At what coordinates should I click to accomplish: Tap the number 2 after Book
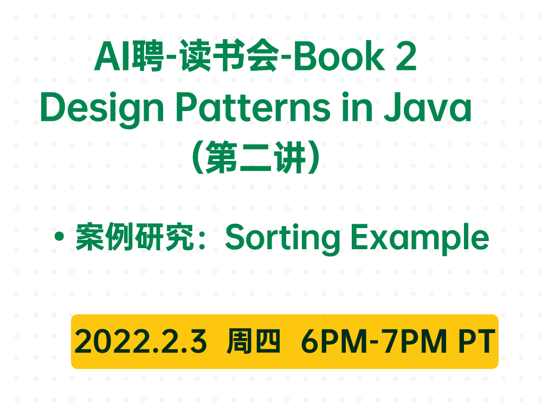coord(406,56)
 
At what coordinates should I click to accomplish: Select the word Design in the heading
coord(102,107)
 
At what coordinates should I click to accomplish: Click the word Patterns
coord(253,107)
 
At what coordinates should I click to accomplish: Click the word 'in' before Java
coord(357,107)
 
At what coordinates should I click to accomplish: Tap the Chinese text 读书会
coord(229,56)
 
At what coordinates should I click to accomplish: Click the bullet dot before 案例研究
coord(60,236)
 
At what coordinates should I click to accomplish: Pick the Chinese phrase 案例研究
coord(135,237)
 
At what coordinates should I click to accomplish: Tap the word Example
coord(420,239)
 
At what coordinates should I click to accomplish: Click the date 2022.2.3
coord(140,341)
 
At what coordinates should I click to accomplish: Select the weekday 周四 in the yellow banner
coord(253,341)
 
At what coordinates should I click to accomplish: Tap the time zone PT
coord(477,341)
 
